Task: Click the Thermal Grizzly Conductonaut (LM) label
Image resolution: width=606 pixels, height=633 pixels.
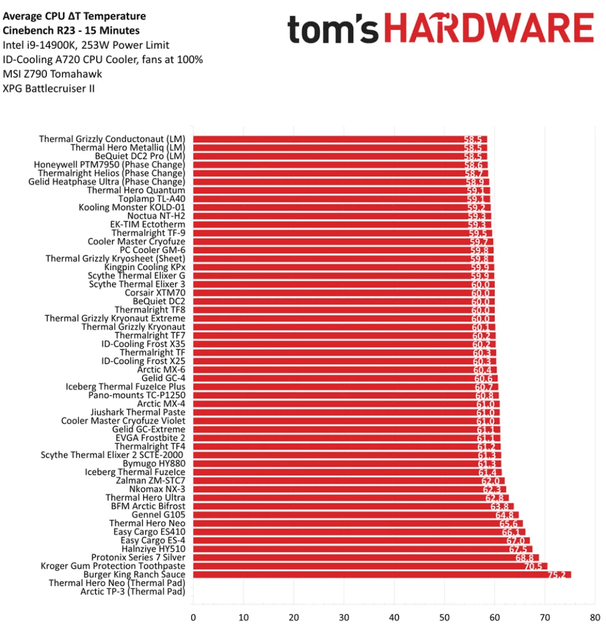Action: (x=112, y=139)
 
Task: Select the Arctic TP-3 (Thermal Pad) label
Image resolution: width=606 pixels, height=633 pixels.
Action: (x=132, y=592)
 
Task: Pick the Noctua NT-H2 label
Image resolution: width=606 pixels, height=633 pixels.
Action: (x=156, y=216)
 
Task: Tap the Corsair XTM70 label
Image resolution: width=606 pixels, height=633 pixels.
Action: (x=155, y=293)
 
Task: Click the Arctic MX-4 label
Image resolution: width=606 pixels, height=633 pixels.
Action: (x=161, y=403)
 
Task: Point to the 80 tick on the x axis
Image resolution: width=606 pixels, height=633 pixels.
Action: (x=595, y=617)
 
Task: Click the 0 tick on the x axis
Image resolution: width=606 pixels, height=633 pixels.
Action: (x=193, y=617)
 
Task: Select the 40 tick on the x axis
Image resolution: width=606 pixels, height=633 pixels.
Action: (x=394, y=617)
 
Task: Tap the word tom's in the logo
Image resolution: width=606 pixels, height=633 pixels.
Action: (x=333, y=29)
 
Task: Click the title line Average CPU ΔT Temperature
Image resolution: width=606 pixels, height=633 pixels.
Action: (x=74, y=16)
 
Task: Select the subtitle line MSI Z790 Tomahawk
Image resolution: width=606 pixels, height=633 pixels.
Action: (x=52, y=74)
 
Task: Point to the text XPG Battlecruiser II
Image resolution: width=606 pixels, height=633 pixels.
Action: (x=49, y=88)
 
